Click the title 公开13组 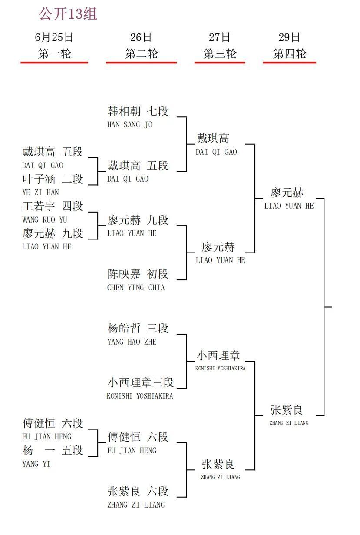point(68,13)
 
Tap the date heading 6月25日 point(54,37)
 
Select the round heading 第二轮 point(141,53)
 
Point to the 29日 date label point(289,37)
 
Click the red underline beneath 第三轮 point(220,63)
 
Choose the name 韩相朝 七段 point(138,111)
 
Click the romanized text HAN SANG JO point(130,125)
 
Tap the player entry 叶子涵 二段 point(53,179)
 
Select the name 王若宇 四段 point(53,206)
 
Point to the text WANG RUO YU point(45,219)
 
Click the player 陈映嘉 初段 point(138,274)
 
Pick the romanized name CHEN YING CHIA point(136,288)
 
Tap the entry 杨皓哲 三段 point(138,328)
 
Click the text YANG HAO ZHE point(132,342)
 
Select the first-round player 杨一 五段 point(53,450)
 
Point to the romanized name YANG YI point(36,464)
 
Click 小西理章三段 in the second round point(141,382)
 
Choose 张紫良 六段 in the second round point(138,491)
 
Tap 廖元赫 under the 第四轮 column point(287,193)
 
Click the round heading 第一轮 point(54,53)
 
